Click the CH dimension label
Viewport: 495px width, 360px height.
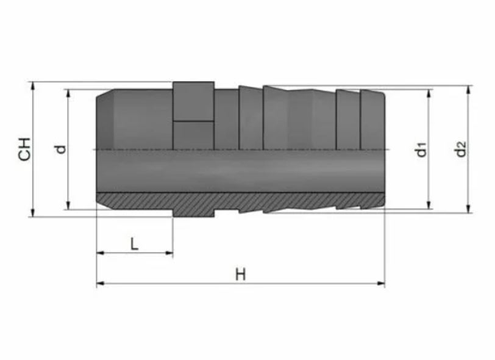point(24,149)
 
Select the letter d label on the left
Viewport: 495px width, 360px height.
point(60,149)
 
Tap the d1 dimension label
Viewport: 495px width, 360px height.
point(421,149)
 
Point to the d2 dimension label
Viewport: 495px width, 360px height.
point(461,149)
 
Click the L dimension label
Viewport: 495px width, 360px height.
point(135,243)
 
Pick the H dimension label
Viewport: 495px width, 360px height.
point(241,275)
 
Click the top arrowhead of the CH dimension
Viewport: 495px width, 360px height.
point(32,86)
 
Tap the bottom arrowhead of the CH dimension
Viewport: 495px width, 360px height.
point(32,213)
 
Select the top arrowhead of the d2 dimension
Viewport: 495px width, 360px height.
point(468,90)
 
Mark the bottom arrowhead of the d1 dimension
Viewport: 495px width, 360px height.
point(429,205)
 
